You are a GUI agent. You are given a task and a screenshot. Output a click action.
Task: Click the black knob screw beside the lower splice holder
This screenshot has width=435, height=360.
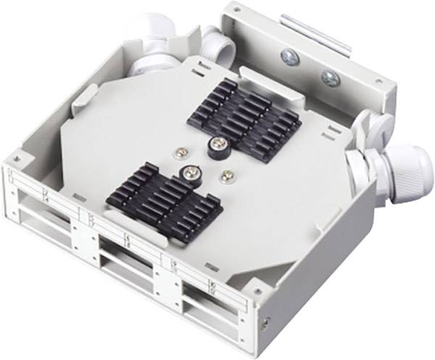190,172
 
